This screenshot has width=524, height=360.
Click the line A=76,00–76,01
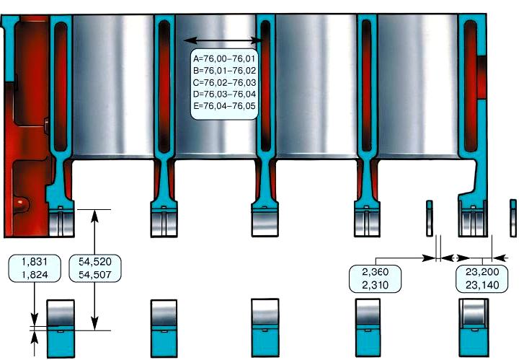[225, 58]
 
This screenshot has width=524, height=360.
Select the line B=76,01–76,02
[225, 71]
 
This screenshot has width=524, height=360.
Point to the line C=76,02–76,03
[225, 82]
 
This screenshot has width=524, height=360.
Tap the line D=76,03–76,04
[225, 94]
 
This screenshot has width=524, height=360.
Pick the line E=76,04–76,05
[225, 106]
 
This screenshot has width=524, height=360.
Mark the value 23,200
[482, 273]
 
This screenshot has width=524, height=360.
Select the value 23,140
[482, 286]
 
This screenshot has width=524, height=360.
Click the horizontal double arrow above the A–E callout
[223, 40]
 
